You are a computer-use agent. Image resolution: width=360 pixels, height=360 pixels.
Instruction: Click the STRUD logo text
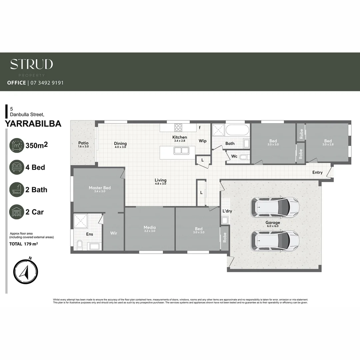(31, 64)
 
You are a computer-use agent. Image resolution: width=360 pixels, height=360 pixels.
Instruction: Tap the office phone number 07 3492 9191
(47, 83)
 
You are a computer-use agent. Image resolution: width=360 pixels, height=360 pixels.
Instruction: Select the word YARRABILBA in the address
(33, 124)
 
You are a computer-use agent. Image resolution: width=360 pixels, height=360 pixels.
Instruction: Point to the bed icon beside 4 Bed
(17, 167)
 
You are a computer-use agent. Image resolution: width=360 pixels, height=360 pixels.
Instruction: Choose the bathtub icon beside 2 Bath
(17, 189)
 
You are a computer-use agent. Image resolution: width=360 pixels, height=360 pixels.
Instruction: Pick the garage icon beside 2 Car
(17, 212)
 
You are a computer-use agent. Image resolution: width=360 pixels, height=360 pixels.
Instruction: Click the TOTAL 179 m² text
(23, 244)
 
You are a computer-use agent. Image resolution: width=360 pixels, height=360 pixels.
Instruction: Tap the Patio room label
(83, 143)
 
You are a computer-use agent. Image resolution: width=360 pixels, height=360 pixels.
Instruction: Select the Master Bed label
(100, 188)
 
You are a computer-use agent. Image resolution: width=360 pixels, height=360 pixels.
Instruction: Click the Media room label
(150, 228)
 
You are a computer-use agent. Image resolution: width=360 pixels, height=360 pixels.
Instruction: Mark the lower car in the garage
(275, 240)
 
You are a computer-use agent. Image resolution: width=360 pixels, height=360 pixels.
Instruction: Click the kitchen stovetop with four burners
(178, 127)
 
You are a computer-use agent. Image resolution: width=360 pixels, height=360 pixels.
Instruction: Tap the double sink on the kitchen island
(181, 151)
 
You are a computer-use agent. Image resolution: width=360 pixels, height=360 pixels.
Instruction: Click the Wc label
(234, 156)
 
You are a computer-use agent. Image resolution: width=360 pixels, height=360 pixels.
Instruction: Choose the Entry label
(317, 172)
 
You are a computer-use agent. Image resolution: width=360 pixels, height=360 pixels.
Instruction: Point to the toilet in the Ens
(79, 245)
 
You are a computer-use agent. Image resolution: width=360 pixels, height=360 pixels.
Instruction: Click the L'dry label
(227, 211)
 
